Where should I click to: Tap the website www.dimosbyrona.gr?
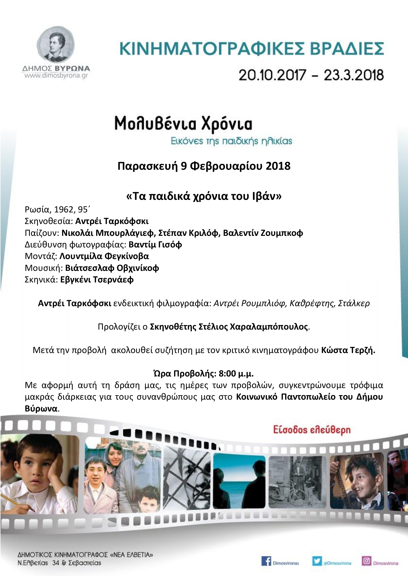[x=56, y=76]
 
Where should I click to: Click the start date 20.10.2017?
[x=272, y=75]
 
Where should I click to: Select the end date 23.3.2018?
[x=354, y=75]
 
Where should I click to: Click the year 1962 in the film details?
[x=63, y=210]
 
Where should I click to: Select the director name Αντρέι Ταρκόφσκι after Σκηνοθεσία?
[x=112, y=221]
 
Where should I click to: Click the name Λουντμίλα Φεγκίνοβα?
[x=104, y=256]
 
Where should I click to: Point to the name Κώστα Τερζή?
[x=348, y=350]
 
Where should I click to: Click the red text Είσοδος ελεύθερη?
[x=312, y=430]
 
